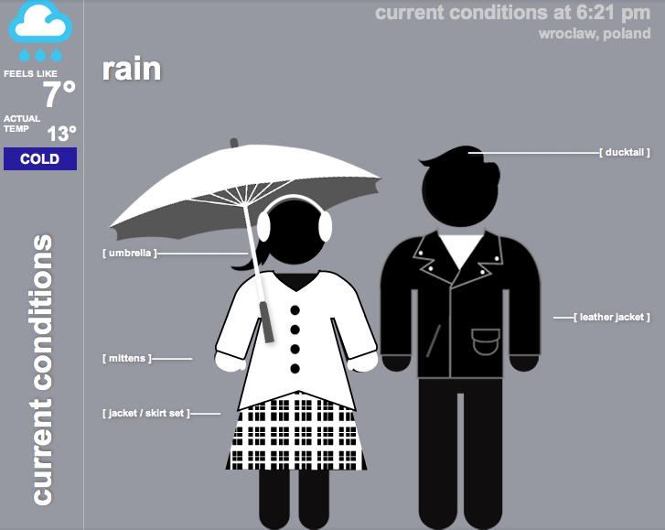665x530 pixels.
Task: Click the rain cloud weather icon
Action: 40,30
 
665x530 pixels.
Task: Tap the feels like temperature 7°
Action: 59,93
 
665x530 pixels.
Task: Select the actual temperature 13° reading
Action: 61,134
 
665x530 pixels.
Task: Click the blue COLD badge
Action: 40,158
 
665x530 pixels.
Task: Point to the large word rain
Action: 132,69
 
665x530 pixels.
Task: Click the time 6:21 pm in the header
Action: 613,13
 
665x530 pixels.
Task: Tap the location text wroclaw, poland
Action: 595,34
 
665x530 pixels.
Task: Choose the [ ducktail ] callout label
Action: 624,152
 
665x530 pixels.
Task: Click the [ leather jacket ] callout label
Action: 612,317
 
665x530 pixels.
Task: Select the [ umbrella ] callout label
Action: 130,254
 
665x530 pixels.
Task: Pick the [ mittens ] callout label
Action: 127,359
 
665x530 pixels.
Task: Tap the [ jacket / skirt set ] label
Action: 146,414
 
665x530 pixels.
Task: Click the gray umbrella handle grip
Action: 266,321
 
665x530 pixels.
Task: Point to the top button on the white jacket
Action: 295,310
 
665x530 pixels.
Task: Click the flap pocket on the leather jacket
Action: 486,341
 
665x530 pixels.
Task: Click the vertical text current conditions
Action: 43,369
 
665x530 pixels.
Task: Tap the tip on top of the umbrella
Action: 233,143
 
